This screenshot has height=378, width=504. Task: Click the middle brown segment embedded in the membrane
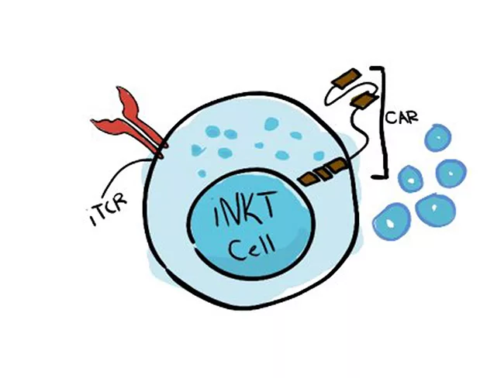pos(321,174)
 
